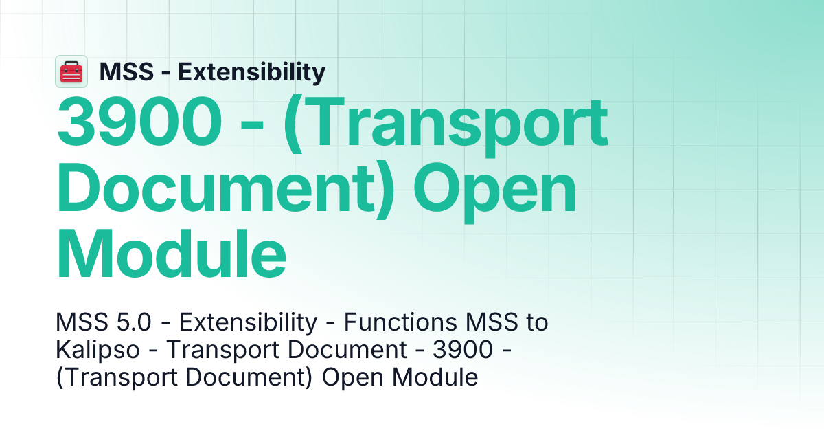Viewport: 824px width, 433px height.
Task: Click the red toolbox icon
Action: (71, 71)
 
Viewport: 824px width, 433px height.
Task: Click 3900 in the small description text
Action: (463, 350)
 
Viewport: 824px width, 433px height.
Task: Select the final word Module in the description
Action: (444, 377)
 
